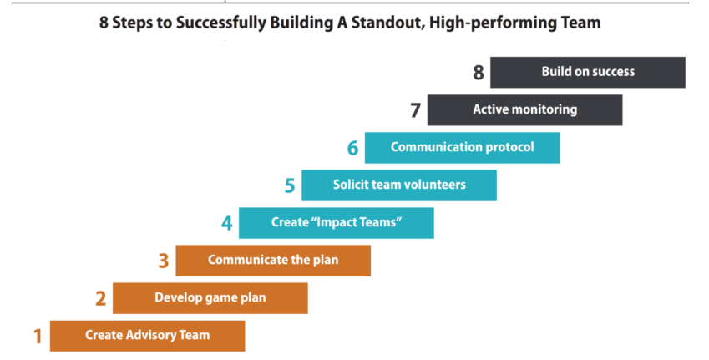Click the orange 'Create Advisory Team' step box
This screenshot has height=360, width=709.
147,336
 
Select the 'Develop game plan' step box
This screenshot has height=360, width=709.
210,298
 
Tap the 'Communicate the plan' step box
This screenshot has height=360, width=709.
273,261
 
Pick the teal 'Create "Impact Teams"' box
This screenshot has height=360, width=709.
337,223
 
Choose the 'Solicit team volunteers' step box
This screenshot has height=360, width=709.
399,185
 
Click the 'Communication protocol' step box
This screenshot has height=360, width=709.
462,148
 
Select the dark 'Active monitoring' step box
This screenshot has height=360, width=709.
524,109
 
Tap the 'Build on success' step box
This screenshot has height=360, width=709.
588,72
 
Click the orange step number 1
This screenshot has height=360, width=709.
37,337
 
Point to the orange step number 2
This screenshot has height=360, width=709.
100,299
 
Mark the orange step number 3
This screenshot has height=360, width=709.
164,261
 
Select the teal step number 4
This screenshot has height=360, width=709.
226,223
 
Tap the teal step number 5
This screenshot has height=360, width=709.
290,185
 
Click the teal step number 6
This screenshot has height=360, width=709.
352,148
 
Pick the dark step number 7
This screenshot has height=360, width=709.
415,110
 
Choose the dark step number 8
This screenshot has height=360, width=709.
479,73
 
